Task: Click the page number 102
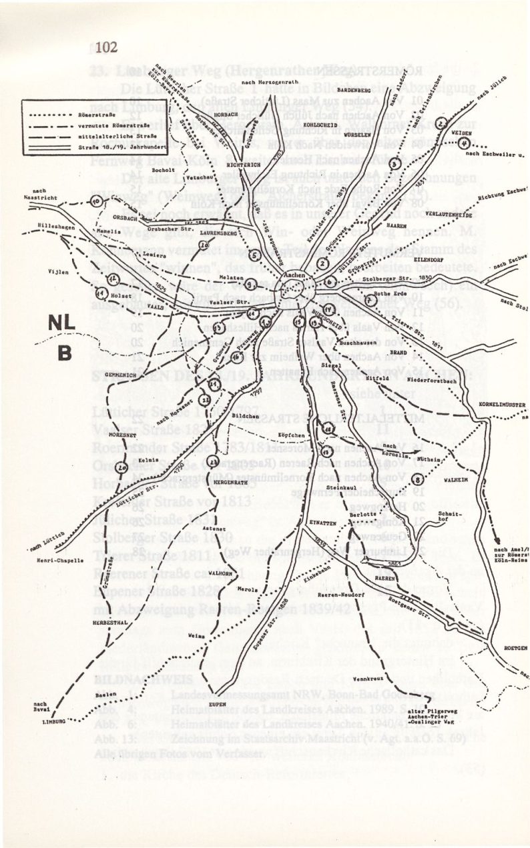[106, 47]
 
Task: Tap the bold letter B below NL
[65, 353]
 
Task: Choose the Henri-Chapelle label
[61, 561]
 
